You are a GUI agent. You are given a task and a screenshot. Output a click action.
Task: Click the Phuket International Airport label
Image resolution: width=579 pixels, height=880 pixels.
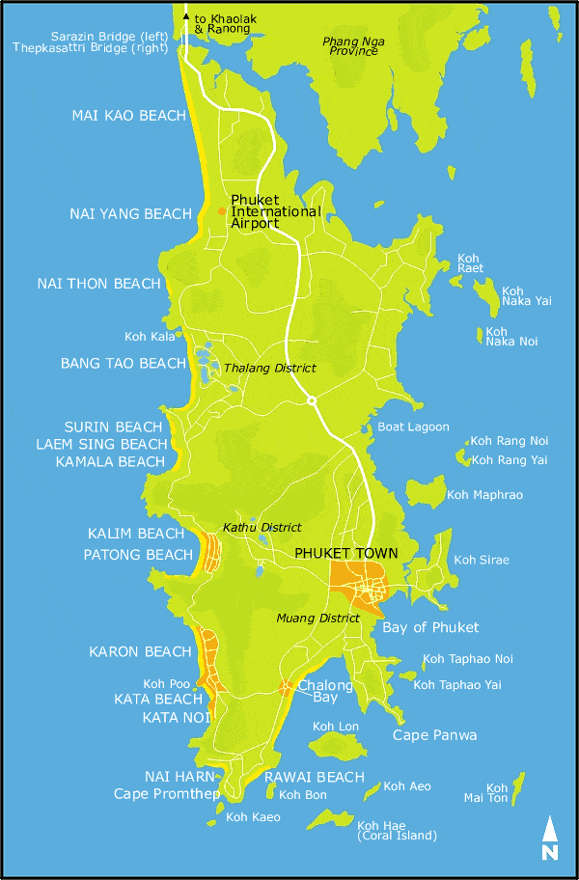tap(275, 211)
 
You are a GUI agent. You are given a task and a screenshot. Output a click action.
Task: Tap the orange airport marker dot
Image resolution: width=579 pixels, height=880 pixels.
tap(222, 210)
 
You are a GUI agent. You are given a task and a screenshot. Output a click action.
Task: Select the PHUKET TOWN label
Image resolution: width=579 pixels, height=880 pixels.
tap(345, 553)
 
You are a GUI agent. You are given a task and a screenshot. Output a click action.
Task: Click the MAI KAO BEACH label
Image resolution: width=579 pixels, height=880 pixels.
tap(128, 116)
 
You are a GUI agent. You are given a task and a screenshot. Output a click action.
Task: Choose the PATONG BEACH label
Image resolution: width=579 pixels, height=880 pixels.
tap(138, 555)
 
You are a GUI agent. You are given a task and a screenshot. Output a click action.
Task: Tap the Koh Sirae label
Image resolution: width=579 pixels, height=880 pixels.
tap(481, 560)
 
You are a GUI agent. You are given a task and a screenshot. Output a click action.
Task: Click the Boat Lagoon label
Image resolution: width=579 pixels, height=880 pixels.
tap(413, 426)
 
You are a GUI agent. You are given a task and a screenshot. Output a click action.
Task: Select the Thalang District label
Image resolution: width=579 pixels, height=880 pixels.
tap(269, 369)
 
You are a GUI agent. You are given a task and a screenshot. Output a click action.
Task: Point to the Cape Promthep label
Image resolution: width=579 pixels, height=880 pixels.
tap(161, 794)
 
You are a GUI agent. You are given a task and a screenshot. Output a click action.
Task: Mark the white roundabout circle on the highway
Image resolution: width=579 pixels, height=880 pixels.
tap(311, 400)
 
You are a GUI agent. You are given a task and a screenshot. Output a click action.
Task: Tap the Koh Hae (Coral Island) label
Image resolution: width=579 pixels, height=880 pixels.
tap(397, 830)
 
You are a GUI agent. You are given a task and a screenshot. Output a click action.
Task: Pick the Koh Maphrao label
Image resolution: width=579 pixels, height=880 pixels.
tap(484, 495)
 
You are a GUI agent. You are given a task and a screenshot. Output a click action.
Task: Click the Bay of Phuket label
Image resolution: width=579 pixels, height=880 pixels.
tap(430, 627)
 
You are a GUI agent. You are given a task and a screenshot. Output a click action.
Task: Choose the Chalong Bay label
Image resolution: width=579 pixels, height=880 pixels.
tap(317, 691)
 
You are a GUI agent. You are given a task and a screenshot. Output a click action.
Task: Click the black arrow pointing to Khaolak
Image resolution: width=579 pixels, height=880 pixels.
tap(186, 16)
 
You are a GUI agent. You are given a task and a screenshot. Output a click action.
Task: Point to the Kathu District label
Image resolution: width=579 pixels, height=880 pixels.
tap(262, 528)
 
